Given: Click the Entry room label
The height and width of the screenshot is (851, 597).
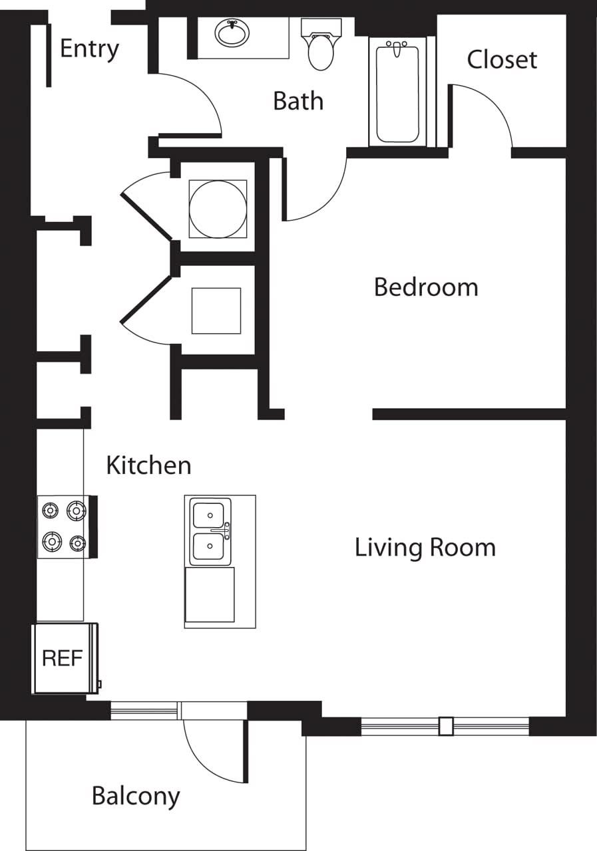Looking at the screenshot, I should click(89, 49).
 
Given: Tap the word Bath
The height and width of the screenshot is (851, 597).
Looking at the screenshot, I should click(298, 101).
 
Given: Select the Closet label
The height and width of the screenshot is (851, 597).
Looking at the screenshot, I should click(502, 60).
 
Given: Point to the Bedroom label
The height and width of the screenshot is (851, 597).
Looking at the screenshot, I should click(426, 287).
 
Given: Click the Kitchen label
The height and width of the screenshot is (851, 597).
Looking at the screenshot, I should click(148, 465).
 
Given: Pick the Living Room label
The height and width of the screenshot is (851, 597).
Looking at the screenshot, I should click(425, 548).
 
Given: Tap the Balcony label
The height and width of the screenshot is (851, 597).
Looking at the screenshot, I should click(136, 796).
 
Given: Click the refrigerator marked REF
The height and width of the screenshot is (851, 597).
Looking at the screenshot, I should click(63, 658).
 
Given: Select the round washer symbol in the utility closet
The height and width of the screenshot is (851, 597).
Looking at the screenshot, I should click(218, 209).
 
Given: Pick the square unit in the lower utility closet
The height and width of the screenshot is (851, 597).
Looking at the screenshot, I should click(216, 310).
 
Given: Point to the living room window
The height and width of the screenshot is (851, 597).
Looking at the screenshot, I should click(445, 726).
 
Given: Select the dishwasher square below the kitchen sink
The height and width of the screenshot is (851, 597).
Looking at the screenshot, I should click(210, 594).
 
